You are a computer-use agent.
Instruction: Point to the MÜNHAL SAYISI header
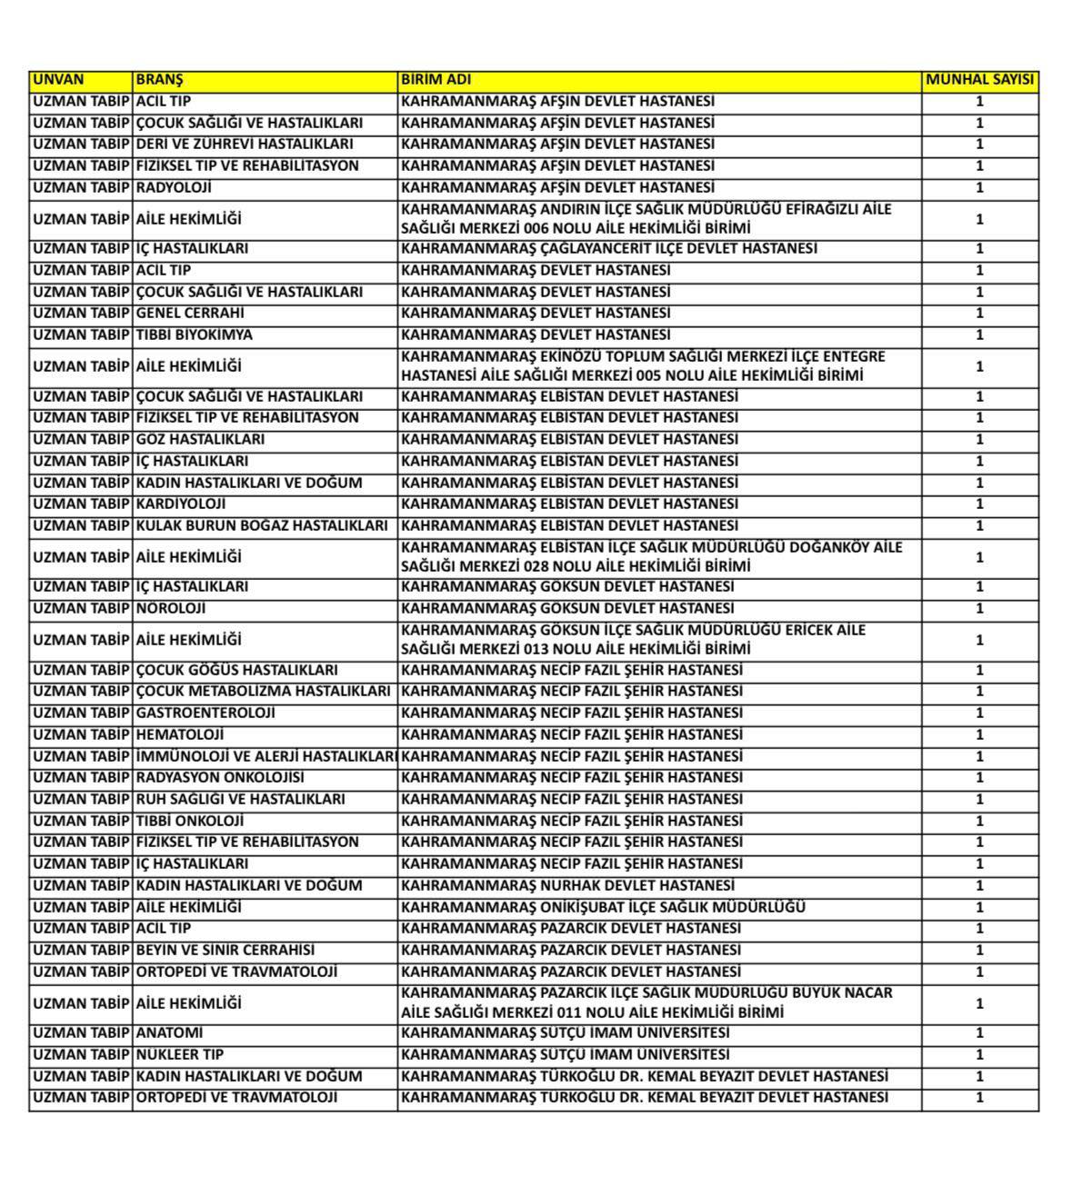(979, 80)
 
